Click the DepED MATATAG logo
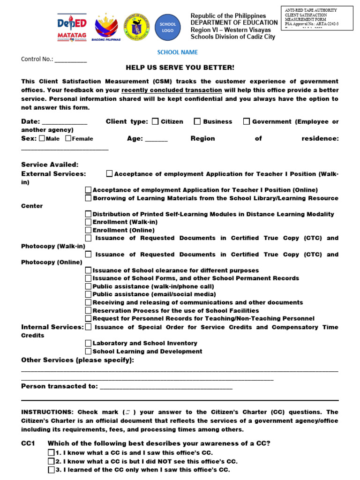point(71,27)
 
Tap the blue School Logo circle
point(168,27)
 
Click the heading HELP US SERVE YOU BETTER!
point(180,68)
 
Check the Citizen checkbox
point(156,121)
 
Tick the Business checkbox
point(197,121)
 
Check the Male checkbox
point(42,138)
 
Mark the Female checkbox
point(68,138)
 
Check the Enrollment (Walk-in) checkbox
point(88,222)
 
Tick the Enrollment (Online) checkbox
point(88,230)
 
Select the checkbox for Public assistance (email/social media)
point(88,294)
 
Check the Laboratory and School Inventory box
point(88,343)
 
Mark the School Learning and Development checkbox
point(88,351)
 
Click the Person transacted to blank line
point(166,388)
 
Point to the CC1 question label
point(28,443)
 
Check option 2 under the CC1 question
point(51,461)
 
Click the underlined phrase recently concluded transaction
point(172,90)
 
